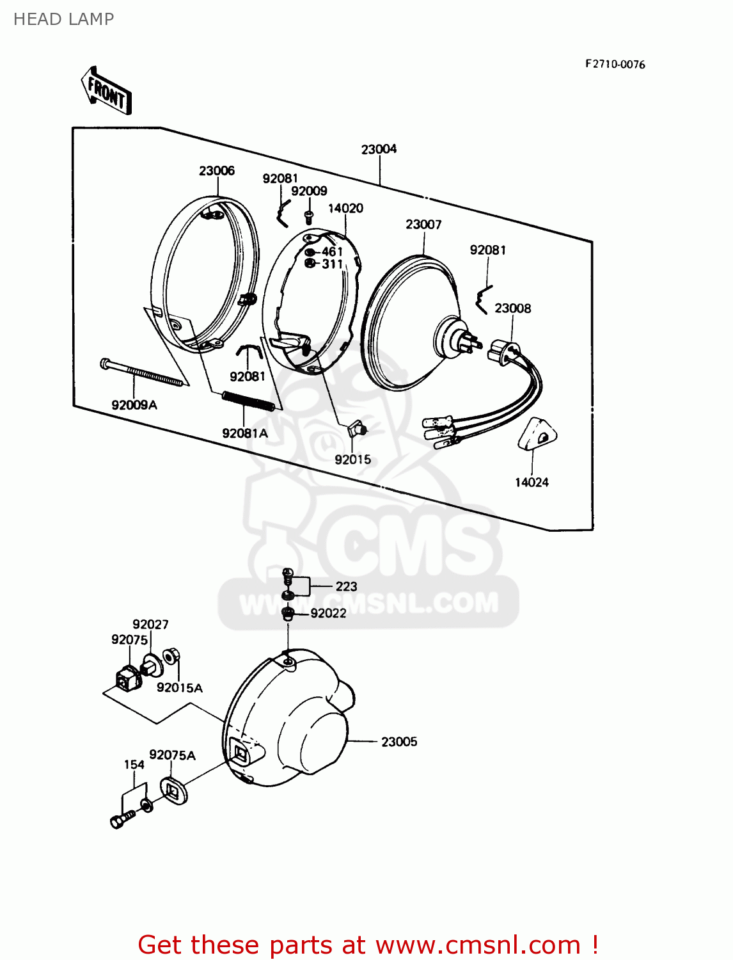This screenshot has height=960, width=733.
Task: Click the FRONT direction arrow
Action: point(106,91)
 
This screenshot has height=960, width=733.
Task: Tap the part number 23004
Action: point(379,149)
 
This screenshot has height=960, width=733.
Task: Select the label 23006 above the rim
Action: point(217,171)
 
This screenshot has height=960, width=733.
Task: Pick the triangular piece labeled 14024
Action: point(537,435)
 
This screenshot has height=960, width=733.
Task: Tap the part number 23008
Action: point(512,308)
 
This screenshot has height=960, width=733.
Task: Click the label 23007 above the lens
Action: point(423,225)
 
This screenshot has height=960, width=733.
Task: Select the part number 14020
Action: point(345,209)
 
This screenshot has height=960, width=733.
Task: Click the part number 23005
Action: point(399,742)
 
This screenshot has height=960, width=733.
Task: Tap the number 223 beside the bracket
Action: point(346,586)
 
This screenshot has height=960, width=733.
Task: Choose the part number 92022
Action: point(328,613)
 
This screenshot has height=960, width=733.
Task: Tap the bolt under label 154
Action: point(122,819)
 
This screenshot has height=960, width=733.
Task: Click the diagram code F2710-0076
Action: point(615,65)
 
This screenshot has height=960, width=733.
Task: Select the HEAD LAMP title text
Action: point(63,19)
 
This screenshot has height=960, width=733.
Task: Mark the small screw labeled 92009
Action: point(309,216)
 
